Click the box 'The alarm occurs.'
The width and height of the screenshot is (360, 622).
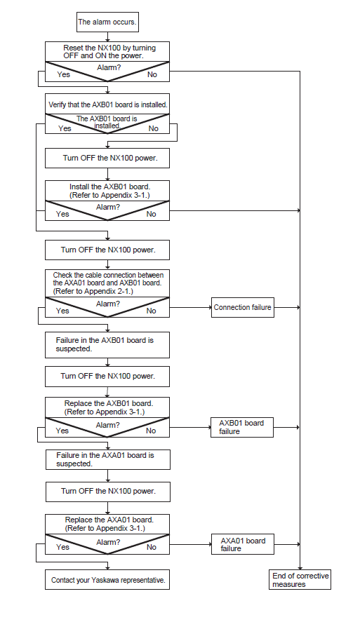(107, 22)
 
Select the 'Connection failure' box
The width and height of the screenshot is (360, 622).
(242, 307)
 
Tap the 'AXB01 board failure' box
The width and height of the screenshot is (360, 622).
(241, 427)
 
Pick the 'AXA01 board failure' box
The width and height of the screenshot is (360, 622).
(243, 544)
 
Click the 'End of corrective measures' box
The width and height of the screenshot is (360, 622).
(300, 579)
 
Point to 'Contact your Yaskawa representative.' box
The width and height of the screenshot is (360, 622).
(107, 579)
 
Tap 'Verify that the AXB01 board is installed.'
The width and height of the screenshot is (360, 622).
(108, 104)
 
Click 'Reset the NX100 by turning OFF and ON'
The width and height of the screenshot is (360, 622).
(109, 52)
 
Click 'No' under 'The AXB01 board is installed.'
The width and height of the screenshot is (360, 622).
(153, 128)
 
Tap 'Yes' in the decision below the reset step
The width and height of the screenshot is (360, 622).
(63, 74)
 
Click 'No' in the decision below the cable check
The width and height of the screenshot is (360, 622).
(151, 311)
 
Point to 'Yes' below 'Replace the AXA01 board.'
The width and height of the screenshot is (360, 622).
(62, 547)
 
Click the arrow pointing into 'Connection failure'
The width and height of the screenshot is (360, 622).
(190, 307)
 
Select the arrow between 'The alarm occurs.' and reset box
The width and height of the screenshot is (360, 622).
(107, 36)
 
